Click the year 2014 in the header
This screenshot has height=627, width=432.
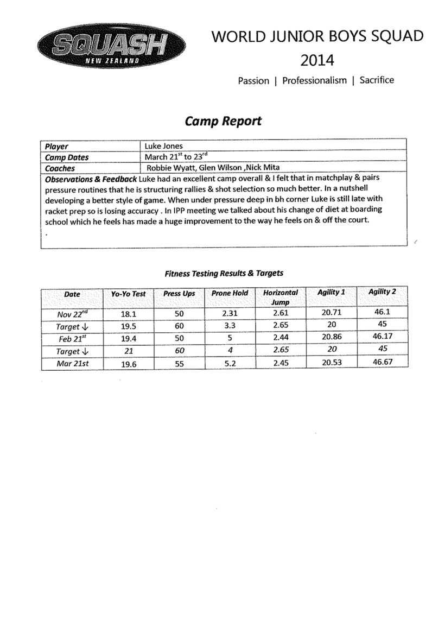tap(317, 60)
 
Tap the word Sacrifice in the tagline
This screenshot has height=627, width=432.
tap(377, 80)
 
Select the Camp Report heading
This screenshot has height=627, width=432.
tap(223, 121)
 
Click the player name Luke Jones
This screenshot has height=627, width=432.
tap(163, 146)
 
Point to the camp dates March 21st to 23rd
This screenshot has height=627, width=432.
tap(176, 156)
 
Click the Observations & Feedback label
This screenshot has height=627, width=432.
tap(91, 179)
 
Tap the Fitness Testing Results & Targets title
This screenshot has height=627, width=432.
tap(224, 274)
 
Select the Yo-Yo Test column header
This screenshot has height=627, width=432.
tap(128, 294)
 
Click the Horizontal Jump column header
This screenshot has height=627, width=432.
tap(281, 297)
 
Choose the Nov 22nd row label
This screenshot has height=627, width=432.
tap(72, 314)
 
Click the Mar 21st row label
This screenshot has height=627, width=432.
tap(72, 364)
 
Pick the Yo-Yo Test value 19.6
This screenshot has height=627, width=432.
tap(128, 364)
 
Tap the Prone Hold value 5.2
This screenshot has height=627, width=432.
tap(230, 364)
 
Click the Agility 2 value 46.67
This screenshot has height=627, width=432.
tap(383, 362)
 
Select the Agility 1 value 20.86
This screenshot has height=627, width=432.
tap(332, 337)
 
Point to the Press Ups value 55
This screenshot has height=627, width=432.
tap(180, 364)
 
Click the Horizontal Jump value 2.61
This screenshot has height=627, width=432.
tap(281, 313)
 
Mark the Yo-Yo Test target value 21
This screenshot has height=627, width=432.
tap(128, 351)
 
